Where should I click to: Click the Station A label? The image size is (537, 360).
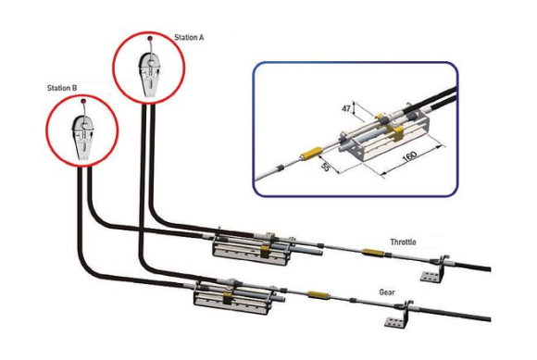point(189,37)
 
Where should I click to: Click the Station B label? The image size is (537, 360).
point(62,88)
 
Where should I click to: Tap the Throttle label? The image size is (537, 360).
point(403,242)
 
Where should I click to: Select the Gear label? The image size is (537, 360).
point(387,292)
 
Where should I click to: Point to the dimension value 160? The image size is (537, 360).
point(409,156)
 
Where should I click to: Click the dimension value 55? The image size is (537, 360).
point(325,167)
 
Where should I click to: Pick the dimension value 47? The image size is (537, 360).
point(346,108)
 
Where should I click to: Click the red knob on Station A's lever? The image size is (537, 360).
point(150,38)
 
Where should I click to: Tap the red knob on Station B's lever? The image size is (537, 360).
point(83,101)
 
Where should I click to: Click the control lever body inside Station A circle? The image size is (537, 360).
point(150,75)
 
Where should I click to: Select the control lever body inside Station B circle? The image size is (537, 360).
point(83,138)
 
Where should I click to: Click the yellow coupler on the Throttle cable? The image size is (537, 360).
point(373,253)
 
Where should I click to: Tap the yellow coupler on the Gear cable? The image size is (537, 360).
point(318,294)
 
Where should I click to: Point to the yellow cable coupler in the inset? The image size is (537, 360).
point(311,153)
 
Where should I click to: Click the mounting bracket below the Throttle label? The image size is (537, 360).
point(433,269)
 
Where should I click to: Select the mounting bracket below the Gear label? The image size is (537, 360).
point(398,316)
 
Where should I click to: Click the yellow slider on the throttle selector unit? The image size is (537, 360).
point(264,251)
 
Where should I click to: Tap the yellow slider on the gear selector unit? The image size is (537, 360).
point(227,298)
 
